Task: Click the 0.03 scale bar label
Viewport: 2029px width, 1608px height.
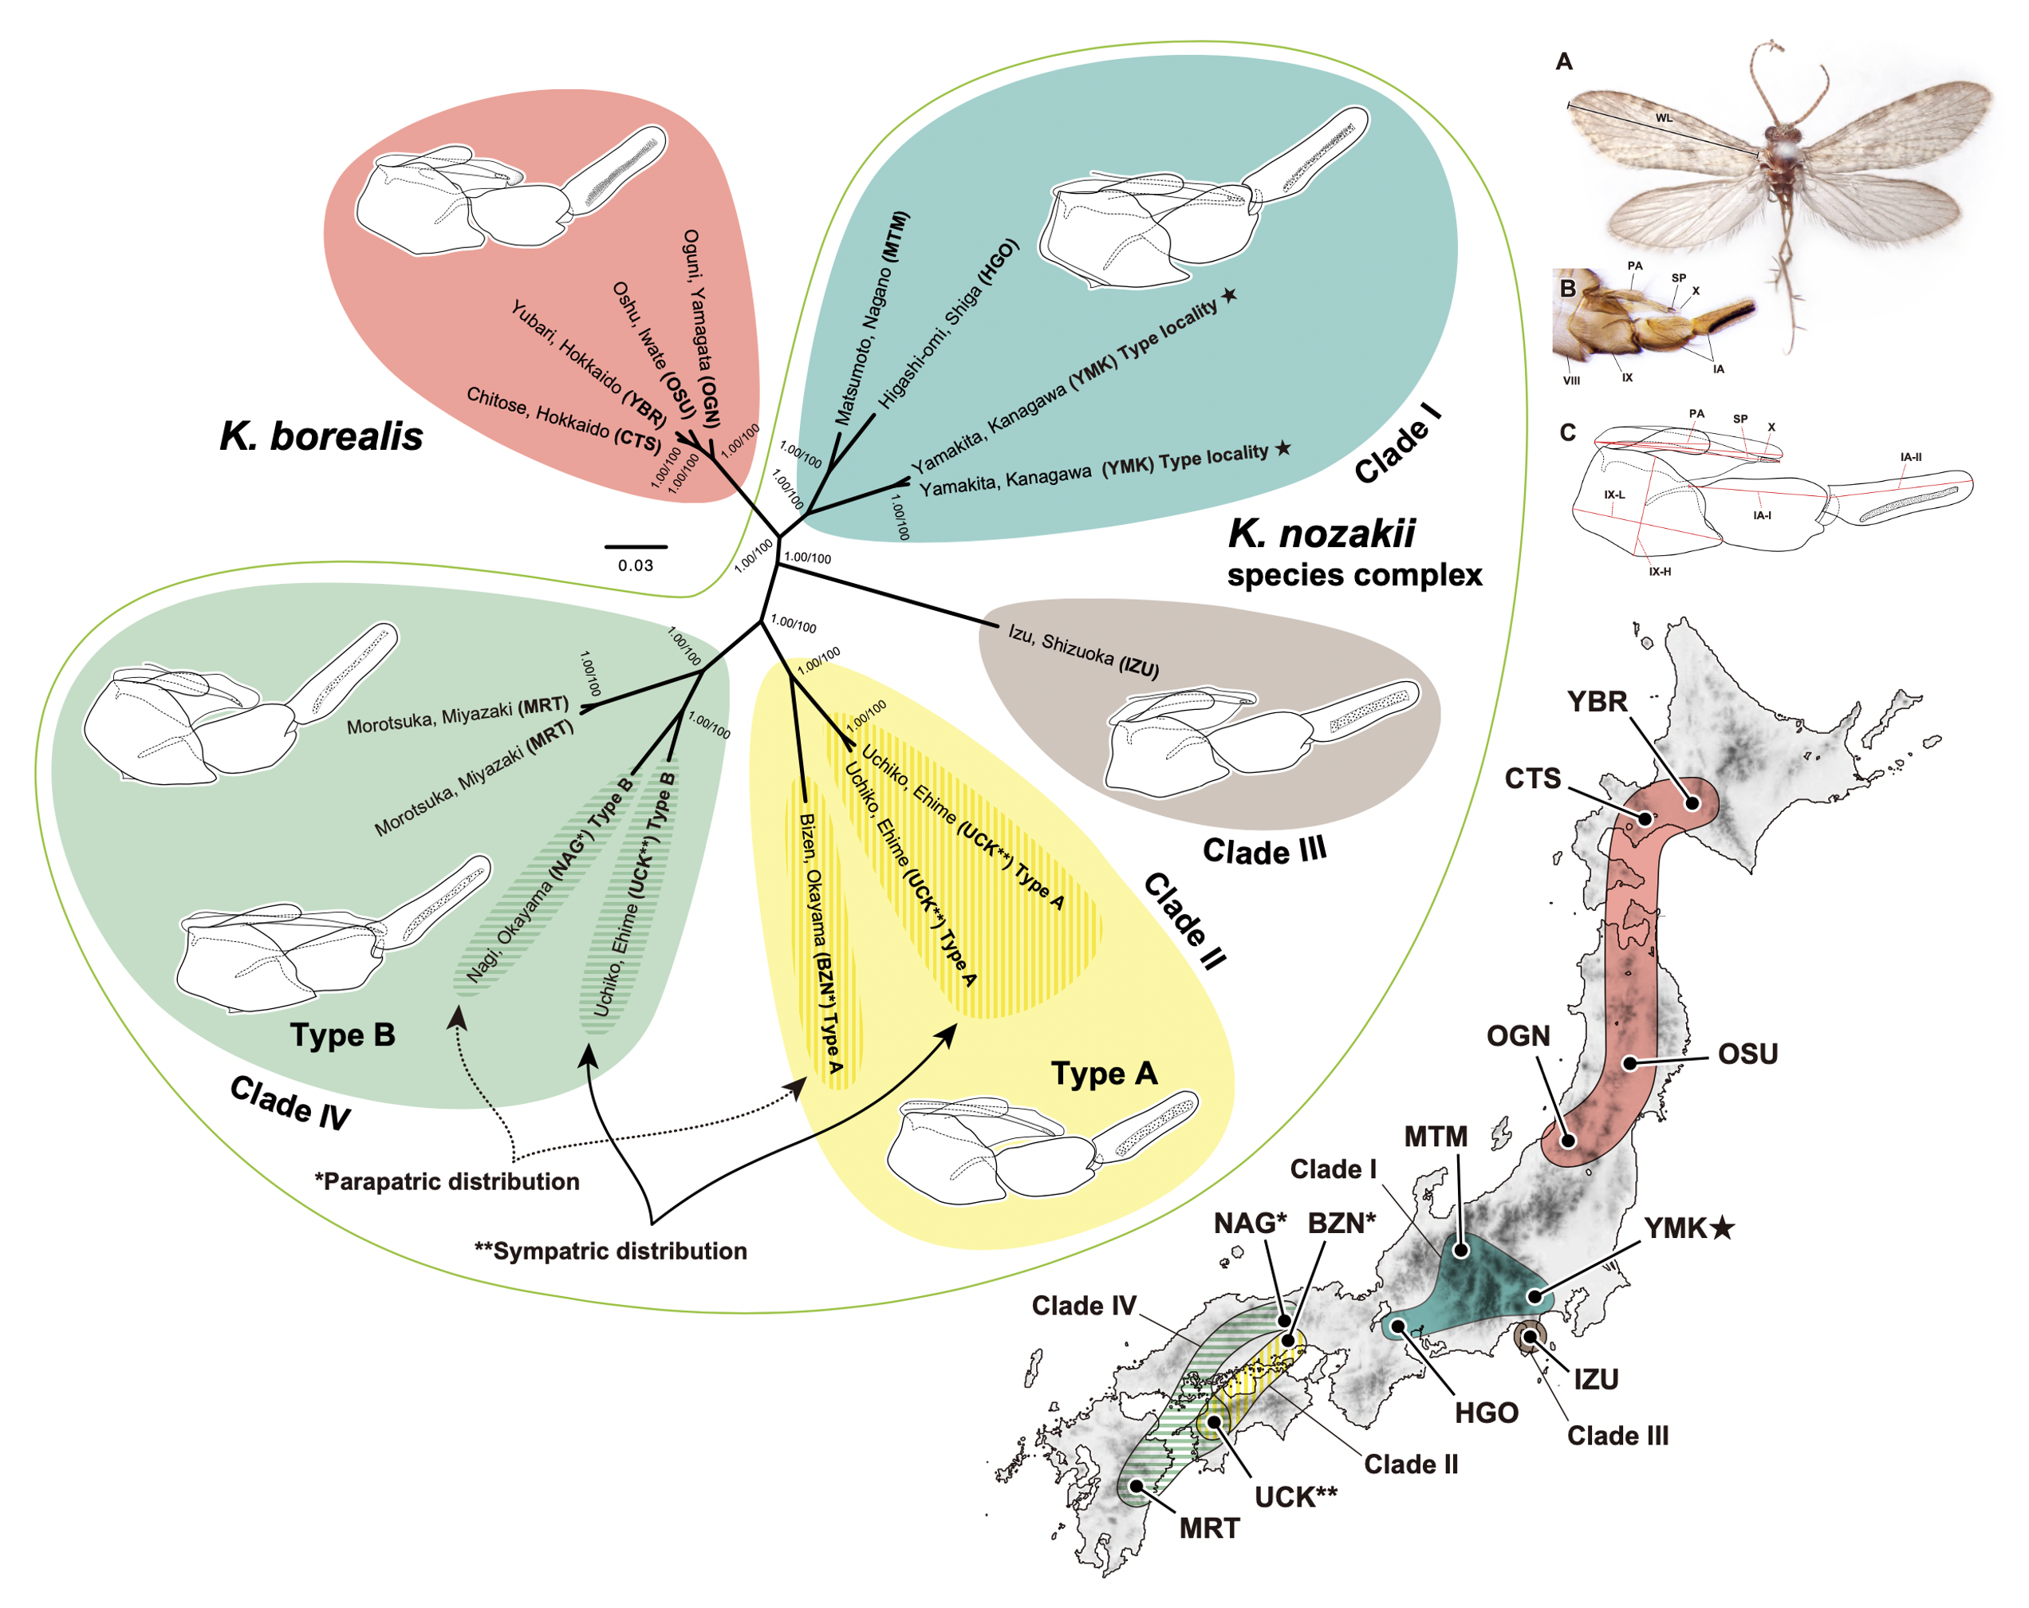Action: click(x=635, y=566)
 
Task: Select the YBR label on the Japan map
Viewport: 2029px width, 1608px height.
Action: click(x=1597, y=701)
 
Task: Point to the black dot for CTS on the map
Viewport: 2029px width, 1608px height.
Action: click(x=1646, y=818)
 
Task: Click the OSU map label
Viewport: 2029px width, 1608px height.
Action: click(x=1747, y=1054)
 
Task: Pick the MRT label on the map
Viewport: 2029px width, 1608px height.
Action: click(x=1209, y=1528)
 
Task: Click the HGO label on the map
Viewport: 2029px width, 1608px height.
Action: click(x=1486, y=1413)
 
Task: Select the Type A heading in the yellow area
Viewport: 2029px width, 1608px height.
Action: click(x=1104, y=1074)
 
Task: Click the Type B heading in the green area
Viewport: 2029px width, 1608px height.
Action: click(x=343, y=1035)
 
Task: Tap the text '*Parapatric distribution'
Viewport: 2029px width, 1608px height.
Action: click(x=447, y=1182)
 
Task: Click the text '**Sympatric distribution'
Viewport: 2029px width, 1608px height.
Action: click(x=611, y=1251)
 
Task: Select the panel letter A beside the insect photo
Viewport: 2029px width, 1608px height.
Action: click(x=1564, y=62)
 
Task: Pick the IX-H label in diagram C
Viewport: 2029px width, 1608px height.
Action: click(x=1659, y=571)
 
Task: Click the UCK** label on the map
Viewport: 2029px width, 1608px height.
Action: click(x=1296, y=1497)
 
